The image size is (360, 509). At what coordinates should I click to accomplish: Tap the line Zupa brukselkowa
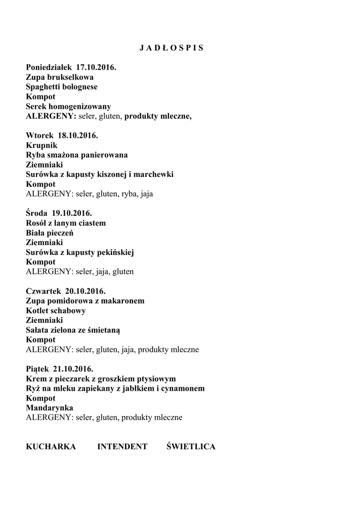point(60,77)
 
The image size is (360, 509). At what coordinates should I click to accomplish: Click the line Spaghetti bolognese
point(62,87)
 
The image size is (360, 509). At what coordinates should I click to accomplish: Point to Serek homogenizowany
point(68,106)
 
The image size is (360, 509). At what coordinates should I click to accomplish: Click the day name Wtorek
point(40,136)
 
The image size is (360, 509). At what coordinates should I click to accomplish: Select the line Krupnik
point(41,145)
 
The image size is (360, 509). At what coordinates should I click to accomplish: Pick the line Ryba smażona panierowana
point(77,155)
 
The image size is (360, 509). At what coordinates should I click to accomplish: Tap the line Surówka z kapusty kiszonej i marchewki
point(99,174)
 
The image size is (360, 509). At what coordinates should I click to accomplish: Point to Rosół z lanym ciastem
point(66,223)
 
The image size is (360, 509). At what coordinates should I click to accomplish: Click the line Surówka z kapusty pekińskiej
point(80,253)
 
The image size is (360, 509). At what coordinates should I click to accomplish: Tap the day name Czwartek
point(43,291)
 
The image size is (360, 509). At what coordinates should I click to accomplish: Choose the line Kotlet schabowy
point(56,311)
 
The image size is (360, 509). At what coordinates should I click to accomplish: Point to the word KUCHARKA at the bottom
point(51,447)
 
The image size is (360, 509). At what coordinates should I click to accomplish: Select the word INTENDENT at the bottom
point(122,447)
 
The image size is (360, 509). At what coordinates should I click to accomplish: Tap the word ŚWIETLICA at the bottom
point(191,447)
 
